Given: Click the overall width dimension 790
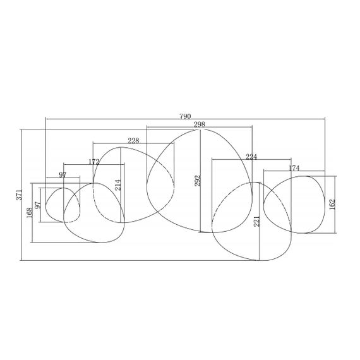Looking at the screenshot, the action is (185, 116).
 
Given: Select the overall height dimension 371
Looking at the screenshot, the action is (20, 195).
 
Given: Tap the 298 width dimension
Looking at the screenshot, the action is (200, 124).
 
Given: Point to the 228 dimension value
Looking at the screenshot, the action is (133, 140).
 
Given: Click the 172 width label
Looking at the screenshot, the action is (94, 162).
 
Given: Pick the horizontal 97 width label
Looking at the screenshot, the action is (63, 175).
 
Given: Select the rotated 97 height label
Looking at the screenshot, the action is (38, 205).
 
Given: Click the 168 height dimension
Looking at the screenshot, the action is (30, 213).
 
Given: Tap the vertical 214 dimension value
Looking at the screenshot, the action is (117, 185).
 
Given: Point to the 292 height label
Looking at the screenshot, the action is (198, 181).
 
